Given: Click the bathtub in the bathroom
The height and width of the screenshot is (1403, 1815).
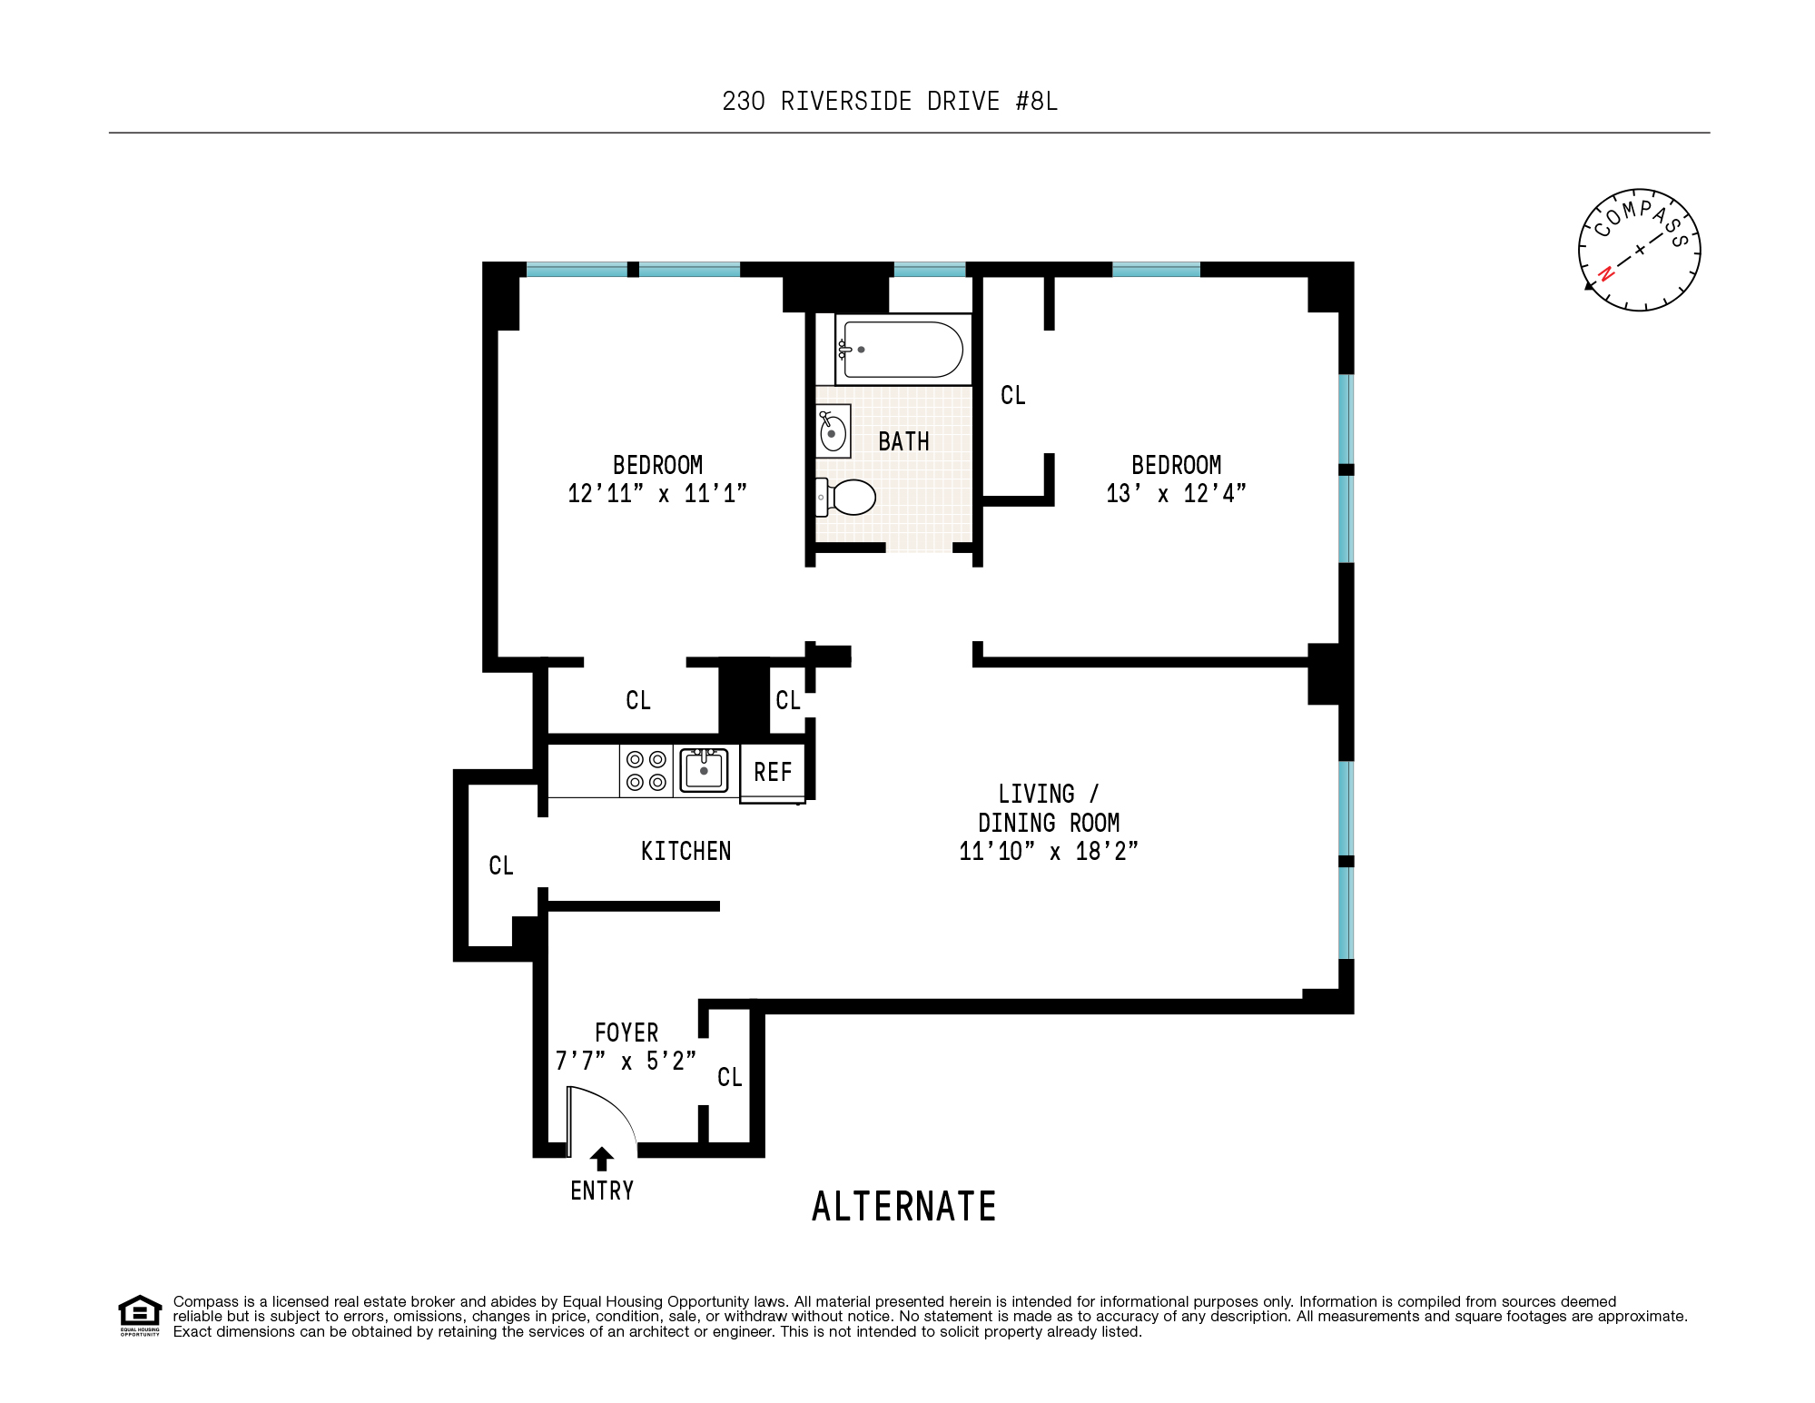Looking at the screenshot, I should (903, 350).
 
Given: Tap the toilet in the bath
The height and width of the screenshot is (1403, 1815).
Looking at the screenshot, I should (851, 497).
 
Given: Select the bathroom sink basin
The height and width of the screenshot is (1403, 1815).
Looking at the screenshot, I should (833, 432).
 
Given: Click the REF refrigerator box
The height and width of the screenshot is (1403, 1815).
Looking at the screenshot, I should (773, 773).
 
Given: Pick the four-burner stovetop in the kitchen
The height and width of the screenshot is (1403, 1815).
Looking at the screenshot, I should (646, 771).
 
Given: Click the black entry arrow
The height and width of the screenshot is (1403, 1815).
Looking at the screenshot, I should (601, 1159).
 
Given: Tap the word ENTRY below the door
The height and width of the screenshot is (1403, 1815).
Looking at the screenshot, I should (602, 1191).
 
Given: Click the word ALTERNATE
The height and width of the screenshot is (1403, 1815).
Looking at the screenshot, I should (904, 1207).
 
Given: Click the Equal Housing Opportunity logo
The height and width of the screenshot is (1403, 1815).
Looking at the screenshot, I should (140, 1315).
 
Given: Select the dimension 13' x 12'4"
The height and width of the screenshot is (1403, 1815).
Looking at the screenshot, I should (1176, 494).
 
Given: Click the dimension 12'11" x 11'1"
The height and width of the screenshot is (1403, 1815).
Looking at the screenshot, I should (657, 494).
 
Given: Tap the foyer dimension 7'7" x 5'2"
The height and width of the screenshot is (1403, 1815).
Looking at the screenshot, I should (626, 1061).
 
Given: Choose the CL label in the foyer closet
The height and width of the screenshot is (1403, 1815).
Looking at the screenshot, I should (730, 1077).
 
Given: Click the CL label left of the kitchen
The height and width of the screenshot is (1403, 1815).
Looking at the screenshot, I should (501, 865).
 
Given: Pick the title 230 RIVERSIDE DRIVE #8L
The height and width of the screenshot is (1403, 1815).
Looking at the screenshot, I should (890, 101).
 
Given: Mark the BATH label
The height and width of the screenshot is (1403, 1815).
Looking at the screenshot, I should (903, 442).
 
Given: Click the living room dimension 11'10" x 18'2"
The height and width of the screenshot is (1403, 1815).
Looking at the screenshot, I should (1049, 852).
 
